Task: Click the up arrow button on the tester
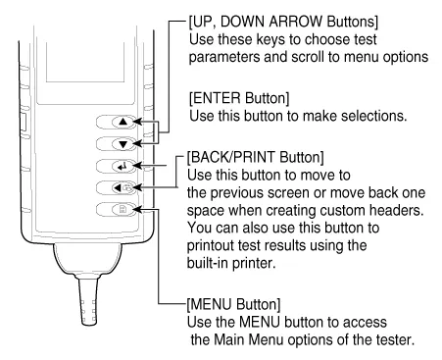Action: [123, 122]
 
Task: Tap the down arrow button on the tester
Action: [123, 144]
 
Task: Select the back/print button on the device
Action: [123, 188]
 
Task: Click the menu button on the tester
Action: [123, 209]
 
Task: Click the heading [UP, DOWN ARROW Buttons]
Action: [283, 22]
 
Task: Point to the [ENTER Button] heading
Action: [239, 98]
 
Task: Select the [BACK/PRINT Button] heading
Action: [256, 157]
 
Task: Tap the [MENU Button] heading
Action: [233, 304]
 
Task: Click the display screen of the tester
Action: [85, 62]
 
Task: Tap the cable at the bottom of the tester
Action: [88, 301]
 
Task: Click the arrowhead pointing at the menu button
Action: [138, 209]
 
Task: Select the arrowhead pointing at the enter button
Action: [138, 166]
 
